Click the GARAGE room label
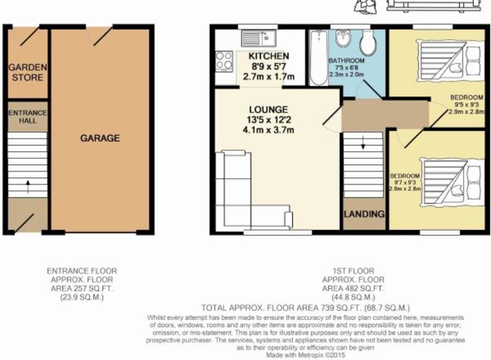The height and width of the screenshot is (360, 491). click(100, 138)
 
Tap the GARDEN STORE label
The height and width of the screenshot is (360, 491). click(28, 72)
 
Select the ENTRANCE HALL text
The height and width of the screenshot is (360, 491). click(28, 117)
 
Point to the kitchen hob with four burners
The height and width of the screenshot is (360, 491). click(224, 61)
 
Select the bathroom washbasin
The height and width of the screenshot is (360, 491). click(343, 38)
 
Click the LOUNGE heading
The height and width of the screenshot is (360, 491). click(268, 110)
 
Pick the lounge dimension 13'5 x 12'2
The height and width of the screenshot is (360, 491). click(269, 120)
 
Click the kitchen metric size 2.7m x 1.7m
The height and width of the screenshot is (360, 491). click(269, 76)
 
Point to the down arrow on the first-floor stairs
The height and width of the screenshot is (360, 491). click(363, 143)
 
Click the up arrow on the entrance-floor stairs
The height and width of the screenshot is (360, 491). click(28, 187)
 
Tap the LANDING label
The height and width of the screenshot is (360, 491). click(364, 214)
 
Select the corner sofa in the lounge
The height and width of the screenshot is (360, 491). click(254, 190)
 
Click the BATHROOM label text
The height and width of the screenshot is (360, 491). click(347, 61)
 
